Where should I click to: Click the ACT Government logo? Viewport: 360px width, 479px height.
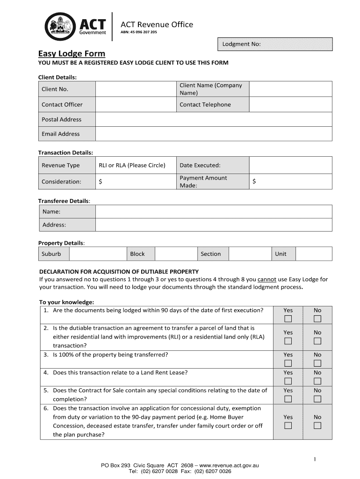(75, 25)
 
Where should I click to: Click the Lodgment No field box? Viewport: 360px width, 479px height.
(275, 44)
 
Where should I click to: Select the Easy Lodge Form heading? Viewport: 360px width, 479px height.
(72, 53)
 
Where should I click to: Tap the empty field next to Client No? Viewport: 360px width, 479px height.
(136, 89)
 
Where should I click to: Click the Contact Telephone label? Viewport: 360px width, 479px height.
(205, 105)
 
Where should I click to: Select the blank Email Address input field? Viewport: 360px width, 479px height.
(214, 134)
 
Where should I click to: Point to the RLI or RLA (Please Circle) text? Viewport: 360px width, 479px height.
(132, 165)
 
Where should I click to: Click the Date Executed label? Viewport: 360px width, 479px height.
(200, 165)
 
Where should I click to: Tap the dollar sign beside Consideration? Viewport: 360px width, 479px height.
(101, 181)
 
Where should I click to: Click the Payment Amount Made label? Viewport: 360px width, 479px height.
(203, 181)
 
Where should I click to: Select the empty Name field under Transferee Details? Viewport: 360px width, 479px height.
(214, 212)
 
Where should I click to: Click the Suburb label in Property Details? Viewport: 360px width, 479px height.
(51, 254)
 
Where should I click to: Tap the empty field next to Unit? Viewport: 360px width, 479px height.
(314, 254)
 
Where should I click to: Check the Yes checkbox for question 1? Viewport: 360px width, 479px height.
(288, 319)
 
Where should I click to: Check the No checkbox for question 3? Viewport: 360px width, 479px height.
(317, 363)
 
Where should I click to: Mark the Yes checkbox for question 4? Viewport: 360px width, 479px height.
(288, 381)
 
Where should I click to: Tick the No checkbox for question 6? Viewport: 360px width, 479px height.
(317, 426)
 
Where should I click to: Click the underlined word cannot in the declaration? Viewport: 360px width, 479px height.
(268, 280)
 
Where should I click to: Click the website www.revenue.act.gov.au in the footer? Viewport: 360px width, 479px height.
(229, 466)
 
